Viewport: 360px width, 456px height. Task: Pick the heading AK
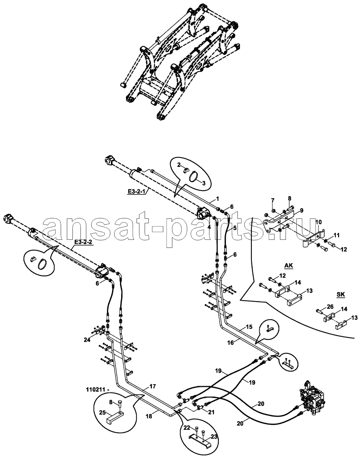click(289, 266)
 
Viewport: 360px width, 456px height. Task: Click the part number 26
click(319, 306)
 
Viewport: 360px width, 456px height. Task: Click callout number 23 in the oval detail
click(214, 436)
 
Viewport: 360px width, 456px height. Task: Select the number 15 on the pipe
click(249, 327)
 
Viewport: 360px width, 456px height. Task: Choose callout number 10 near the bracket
click(318, 223)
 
